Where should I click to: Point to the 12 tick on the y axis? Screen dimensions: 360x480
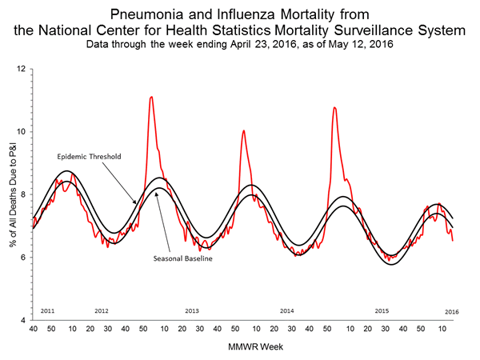tap(24, 69)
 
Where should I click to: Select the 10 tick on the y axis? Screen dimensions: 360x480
tap(24, 131)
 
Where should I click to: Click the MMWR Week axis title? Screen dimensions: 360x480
tap(242, 346)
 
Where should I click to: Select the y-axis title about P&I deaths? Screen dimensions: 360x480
tap(10, 194)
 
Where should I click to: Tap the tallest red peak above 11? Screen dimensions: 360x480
tap(151, 97)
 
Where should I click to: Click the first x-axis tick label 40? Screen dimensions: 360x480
tap(33, 329)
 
